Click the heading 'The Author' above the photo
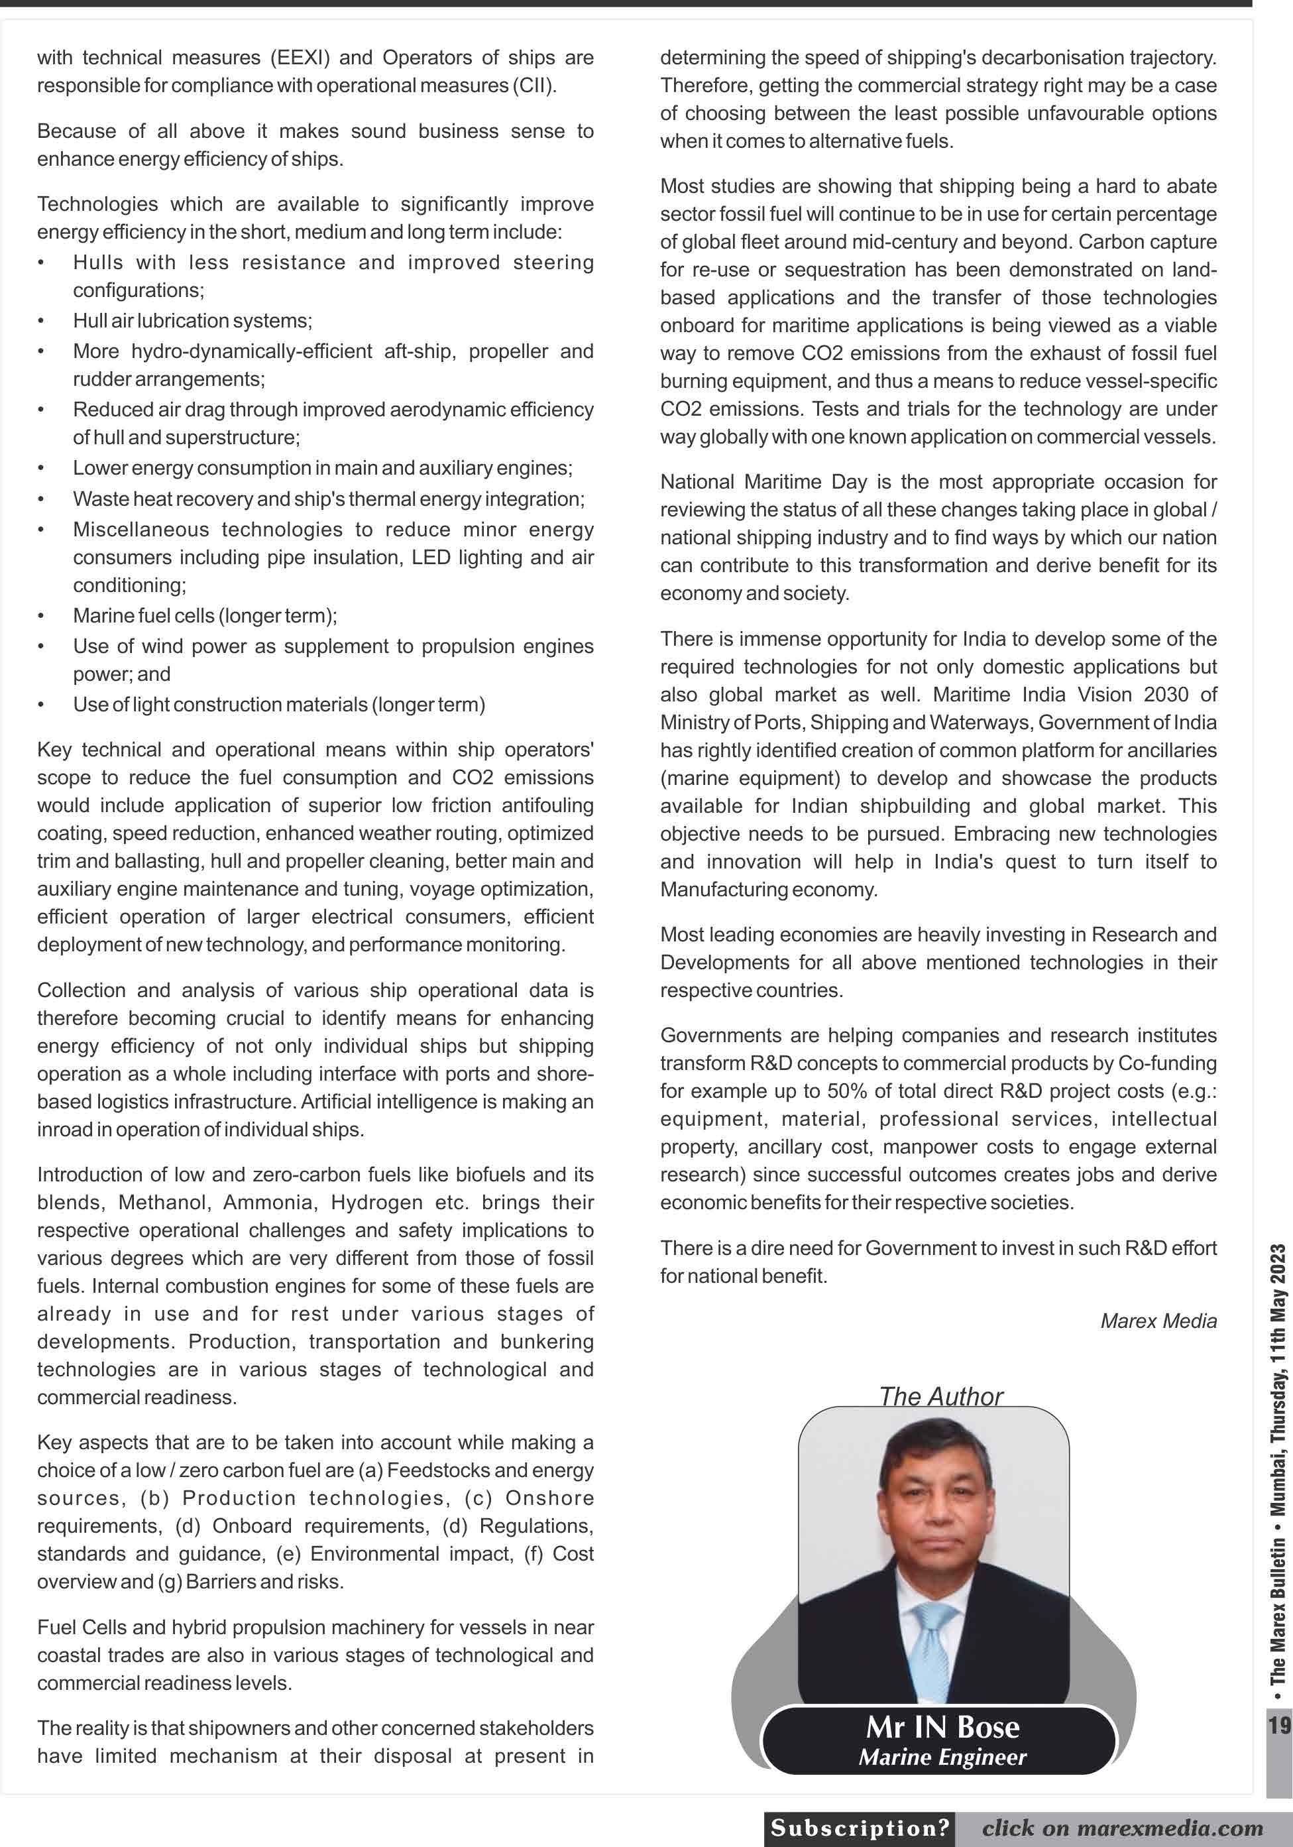point(941,1396)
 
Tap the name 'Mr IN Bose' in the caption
point(942,1726)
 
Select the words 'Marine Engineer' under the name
point(942,1757)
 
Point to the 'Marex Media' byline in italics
point(1158,1320)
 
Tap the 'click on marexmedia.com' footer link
point(1122,1828)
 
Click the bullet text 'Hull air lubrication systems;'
point(192,321)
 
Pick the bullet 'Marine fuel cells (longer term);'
point(205,615)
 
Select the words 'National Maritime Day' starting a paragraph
point(764,482)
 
